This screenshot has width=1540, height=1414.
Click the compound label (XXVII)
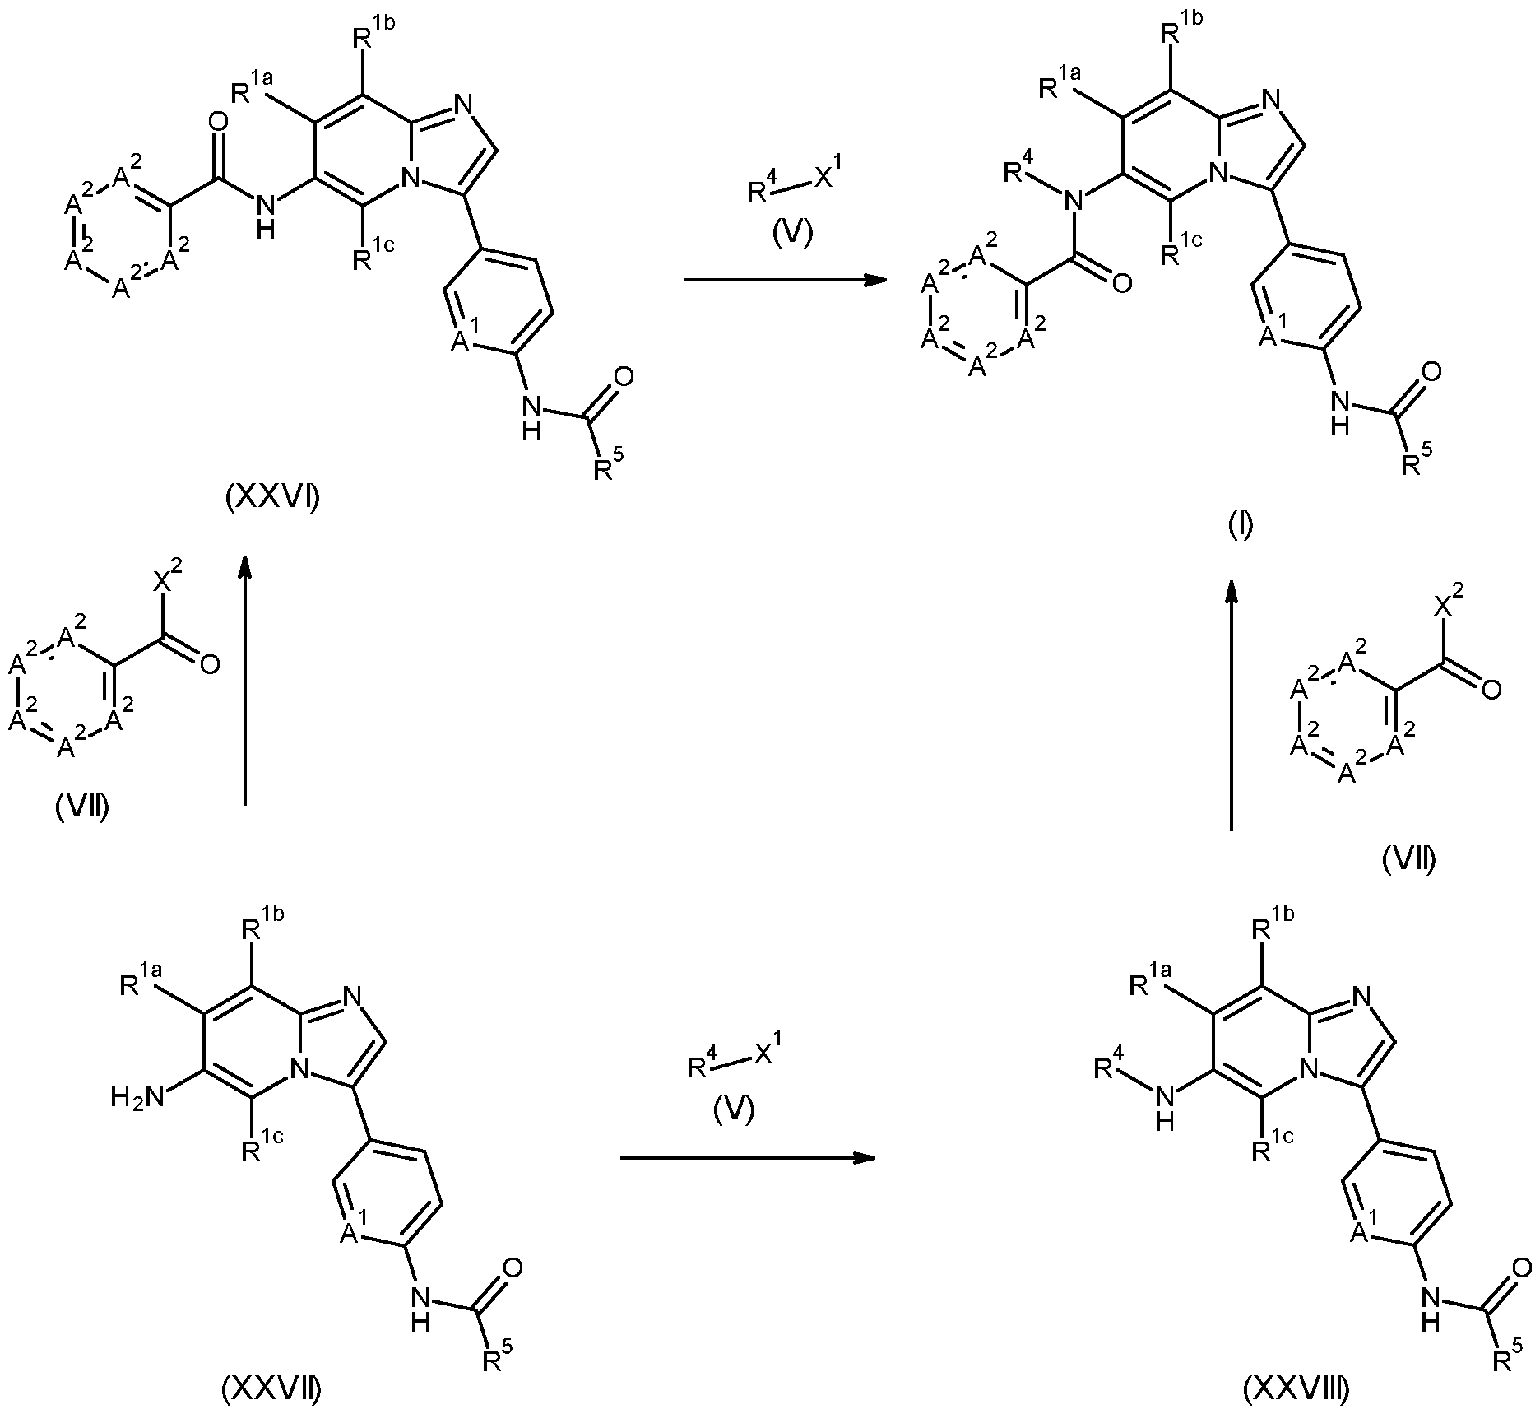click(271, 1388)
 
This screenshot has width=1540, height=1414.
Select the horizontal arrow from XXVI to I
click(786, 281)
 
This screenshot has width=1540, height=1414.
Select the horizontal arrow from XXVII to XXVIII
click(746, 1159)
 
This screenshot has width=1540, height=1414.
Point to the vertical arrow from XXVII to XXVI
click(244, 678)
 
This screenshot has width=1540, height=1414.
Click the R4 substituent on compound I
click(1019, 171)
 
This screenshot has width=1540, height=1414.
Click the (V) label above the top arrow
click(790, 234)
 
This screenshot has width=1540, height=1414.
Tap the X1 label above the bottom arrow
click(764, 1054)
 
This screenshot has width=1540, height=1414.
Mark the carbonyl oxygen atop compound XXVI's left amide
click(218, 123)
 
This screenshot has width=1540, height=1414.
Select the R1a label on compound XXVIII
click(1152, 983)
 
